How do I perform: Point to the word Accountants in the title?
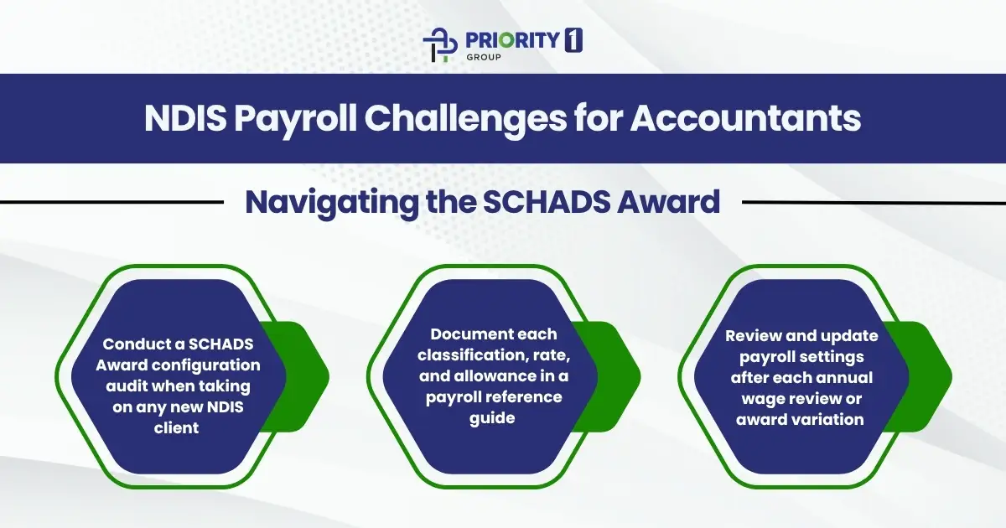744,118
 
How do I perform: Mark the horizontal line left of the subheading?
109,202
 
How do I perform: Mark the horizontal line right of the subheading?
872,202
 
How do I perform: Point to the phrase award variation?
800,418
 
